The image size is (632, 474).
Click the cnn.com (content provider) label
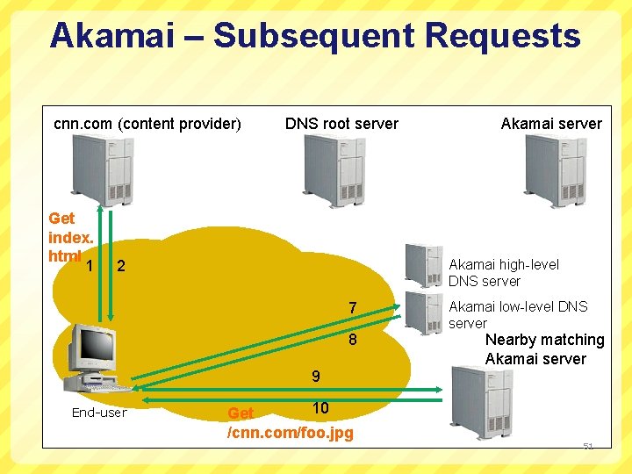[x=147, y=124]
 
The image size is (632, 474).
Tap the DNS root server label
[x=341, y=124]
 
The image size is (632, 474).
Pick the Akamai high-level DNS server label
[x=503, y=273]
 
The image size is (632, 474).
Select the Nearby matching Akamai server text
[x=544, y=349]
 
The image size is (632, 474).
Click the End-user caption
[x=99, y=413]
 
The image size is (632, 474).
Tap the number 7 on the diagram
[x=352, y=308]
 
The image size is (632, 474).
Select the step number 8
[x=352, y=340]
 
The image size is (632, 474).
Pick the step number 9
[x=315, y=377]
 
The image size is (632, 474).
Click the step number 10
[x=320, y=408]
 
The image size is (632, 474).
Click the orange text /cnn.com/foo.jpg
[x=290, y=433]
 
